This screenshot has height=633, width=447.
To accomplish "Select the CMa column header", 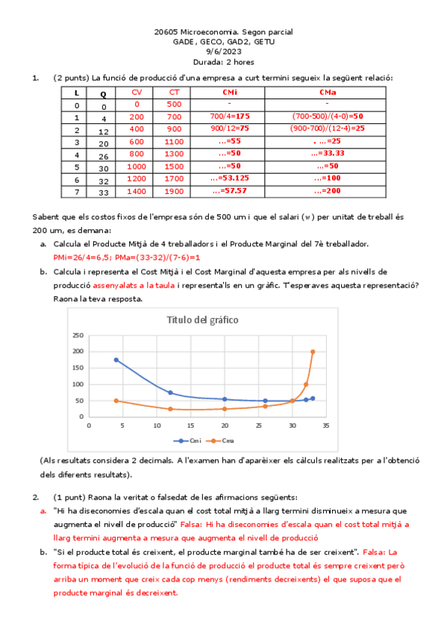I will point(326,92).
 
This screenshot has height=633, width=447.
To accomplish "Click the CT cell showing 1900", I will point(173,191).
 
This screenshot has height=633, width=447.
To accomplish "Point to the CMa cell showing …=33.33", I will point(326,153).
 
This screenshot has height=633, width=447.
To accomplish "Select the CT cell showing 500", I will point(173,104).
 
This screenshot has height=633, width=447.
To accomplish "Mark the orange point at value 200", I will point(313,352).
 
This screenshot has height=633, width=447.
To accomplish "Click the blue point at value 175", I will point(116,360).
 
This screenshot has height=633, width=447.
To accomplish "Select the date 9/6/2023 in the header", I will point(223,52).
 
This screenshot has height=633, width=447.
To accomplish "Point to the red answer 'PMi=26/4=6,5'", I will point(82,256).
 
